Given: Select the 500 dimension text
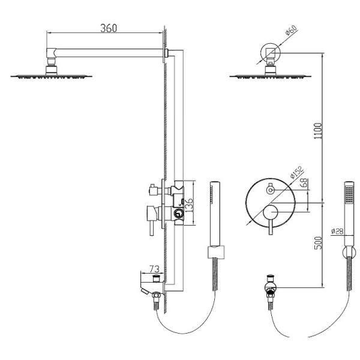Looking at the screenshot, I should [x=318, y=242].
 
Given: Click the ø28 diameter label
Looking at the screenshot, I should [x=337, y=229].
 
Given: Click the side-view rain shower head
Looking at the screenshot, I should [x=52, y=75].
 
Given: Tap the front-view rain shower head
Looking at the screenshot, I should [x=269, y=75].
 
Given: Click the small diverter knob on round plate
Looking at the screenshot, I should [x=269, y=190].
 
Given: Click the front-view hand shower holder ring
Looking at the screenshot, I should [x=346, y=253].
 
